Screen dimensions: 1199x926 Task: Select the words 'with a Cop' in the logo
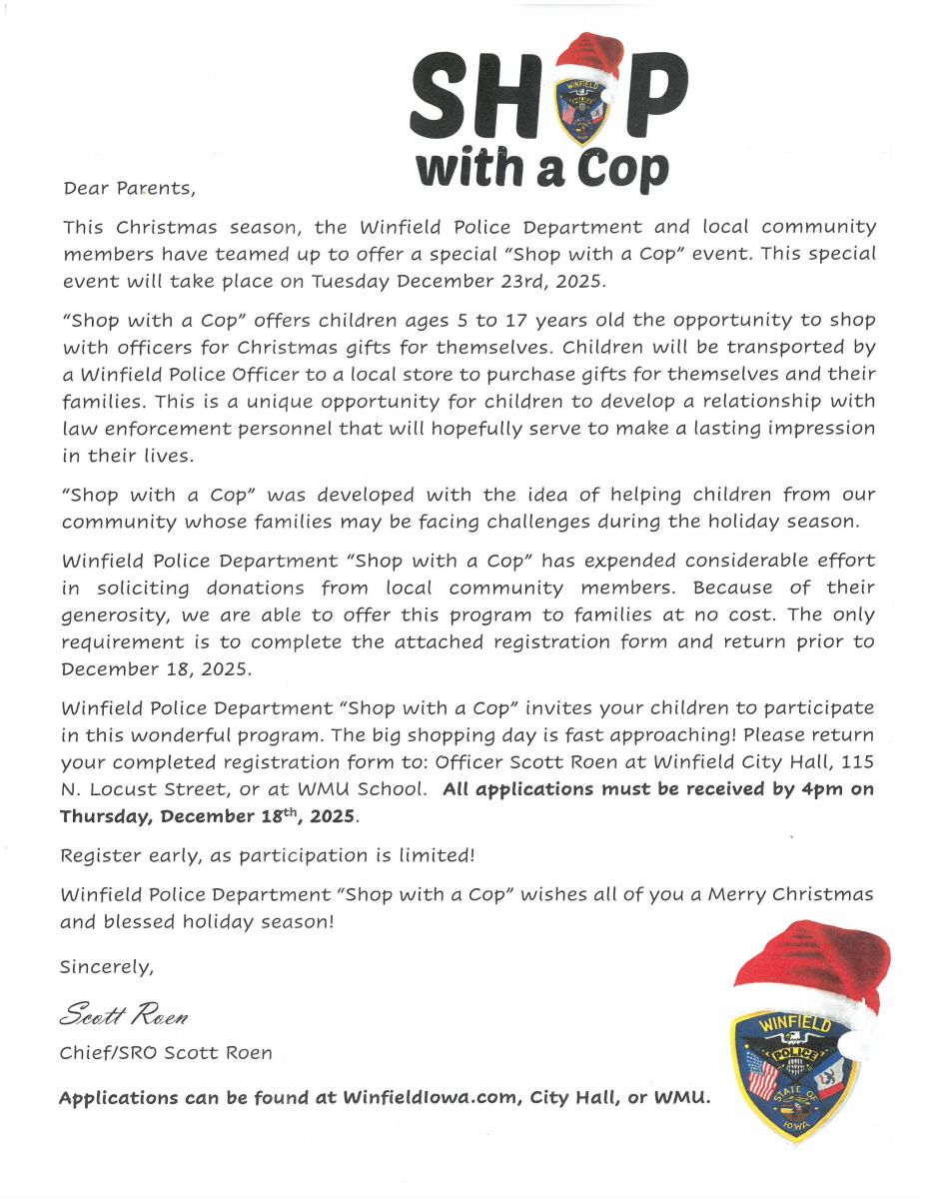coord(541,168)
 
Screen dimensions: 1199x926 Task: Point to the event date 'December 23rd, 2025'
coord(500,281)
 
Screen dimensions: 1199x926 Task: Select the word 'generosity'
coord(110,615)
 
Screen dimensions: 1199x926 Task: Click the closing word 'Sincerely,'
coord(107,967)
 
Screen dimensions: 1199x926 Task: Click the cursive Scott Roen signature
coord(124,1017)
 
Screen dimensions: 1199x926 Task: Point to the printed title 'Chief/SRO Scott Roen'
coord(166,1053)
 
